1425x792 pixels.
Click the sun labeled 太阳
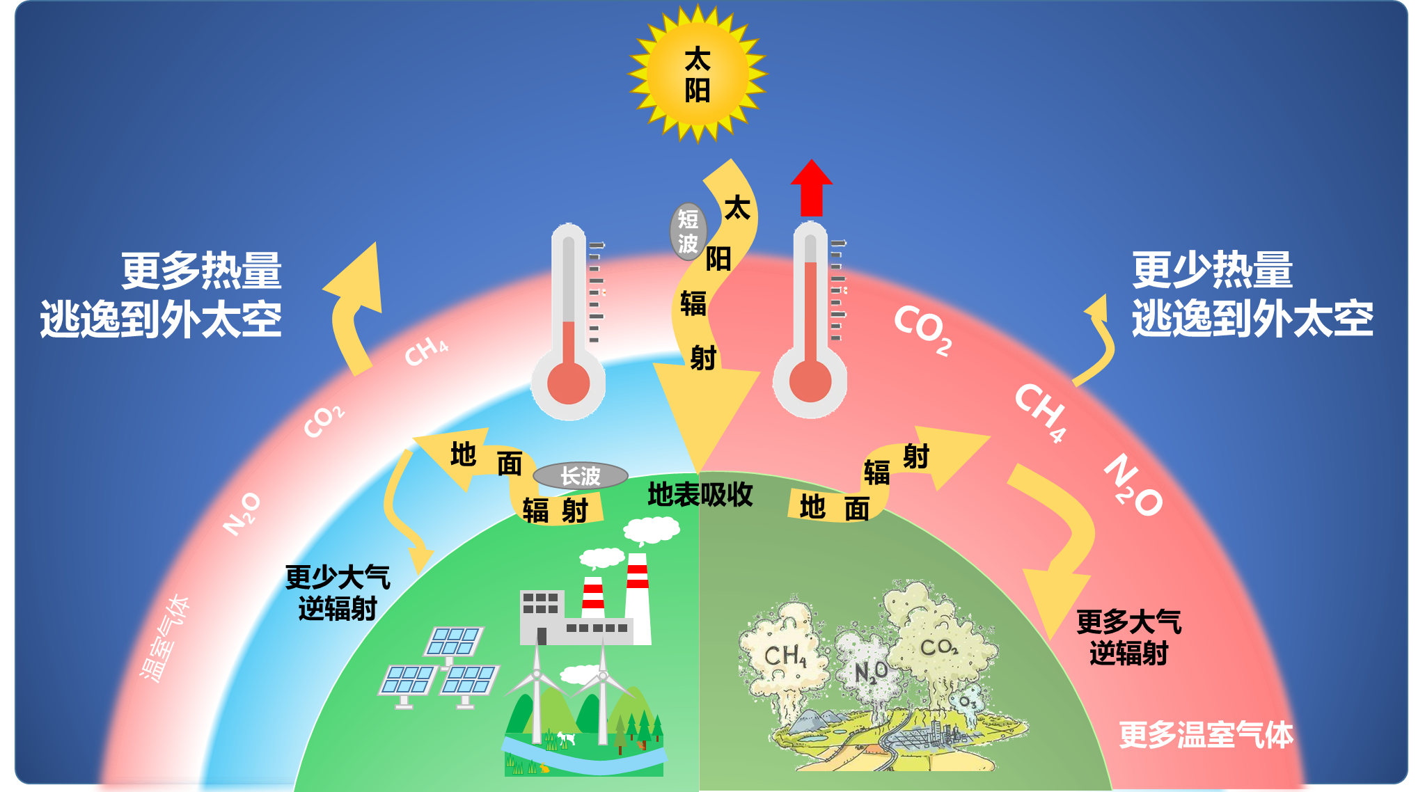(698, 74)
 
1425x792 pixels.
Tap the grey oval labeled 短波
(688, 232)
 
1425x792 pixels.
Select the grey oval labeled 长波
(580, 476)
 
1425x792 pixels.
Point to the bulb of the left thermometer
(568, 383)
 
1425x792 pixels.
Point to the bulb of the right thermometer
(810, 381)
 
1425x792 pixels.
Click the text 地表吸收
(700, 495)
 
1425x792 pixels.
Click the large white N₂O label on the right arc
(1133, 485)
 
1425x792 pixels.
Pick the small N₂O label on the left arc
(242, 514)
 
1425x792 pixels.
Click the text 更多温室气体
(1206, 735)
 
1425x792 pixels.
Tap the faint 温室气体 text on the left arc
(164, 638)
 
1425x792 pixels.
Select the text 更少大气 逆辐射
(338, 593)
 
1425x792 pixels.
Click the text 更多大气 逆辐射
(1128, 637)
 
